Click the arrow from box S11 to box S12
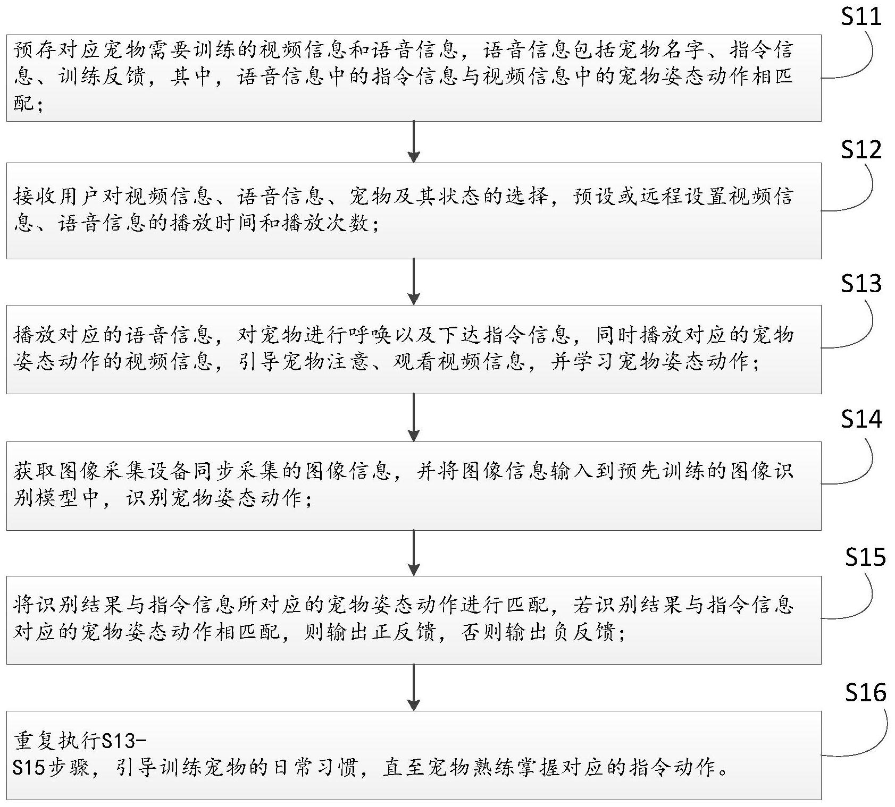pyautogui.click(x=413, y=142)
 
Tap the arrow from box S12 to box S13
pyautogui.click(x=413, y=282)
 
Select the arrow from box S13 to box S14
pyautogui.click(x=413, y=418)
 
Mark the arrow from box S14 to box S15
pyautogui.click(x=413, y=553)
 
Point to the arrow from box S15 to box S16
pyautogui.click(x=413, y=687)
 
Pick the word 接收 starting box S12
pyautogui.click(x=35, y=197)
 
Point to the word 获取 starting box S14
pyautogui.click(x=35, y=471)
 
